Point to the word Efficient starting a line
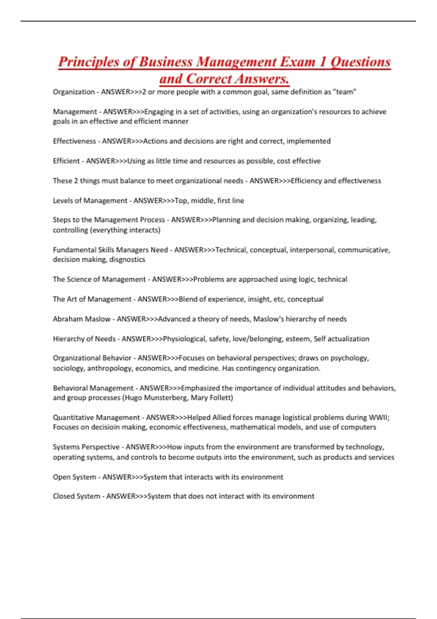(x=66, y=161)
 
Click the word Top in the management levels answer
(x=181, y=201)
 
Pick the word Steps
(x=62, y=220)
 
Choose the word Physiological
(x=184, y=339)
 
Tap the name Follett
(x=221, y=398)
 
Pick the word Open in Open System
(x=61, y=477)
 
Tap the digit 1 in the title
(x=323, y=62)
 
